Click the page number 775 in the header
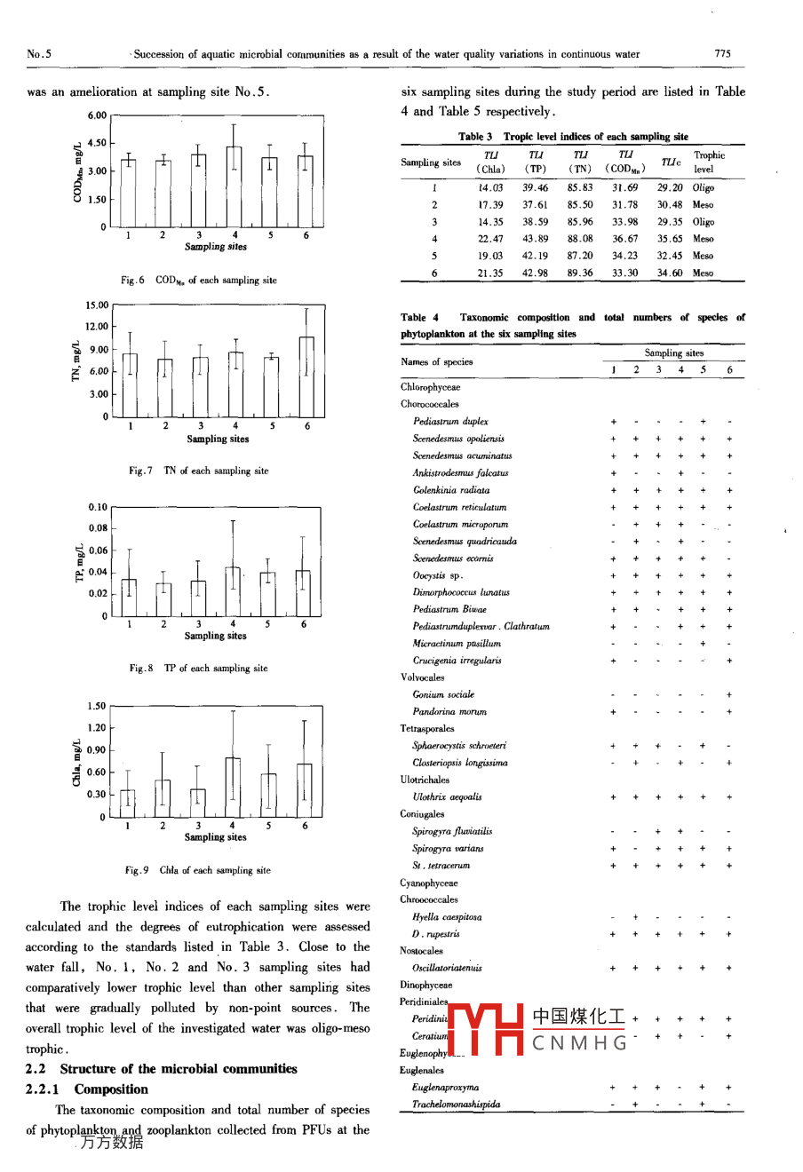(x=722, y=54)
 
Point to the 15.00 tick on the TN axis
(x=97, y=305)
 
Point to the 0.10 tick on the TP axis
(x=98, y=508)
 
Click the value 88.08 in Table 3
(x=580, y=239)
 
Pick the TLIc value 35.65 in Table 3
(x=670, y=239)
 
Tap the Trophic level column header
(x=709, y=162)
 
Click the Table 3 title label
(x=573, y=137)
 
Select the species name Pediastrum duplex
(x=450, y=422)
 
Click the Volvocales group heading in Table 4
(x=423, y=677)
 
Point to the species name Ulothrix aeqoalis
(x=447, y=797)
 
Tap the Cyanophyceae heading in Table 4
(x=429, y=883)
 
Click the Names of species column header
(x=437, y=362)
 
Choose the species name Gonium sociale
(x=443, y=695)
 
